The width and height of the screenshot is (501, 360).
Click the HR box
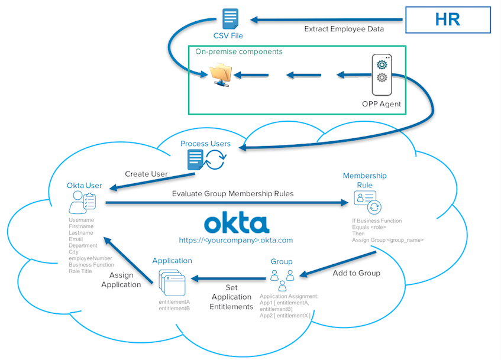(448, 19)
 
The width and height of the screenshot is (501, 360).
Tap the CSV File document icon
(230, 18)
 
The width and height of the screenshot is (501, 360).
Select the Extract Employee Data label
(344, 29)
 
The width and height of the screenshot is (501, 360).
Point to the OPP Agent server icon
(382, 75)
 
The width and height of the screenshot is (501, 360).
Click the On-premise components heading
(239, 51)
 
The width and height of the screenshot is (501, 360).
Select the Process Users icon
(205, 158)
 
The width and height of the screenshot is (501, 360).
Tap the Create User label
(146, 174)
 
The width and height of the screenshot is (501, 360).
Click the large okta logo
(236, 223)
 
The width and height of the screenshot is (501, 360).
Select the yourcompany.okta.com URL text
(236, 241)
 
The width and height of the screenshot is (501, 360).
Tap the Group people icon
(282, 279)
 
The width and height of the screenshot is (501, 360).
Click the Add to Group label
(356, 273)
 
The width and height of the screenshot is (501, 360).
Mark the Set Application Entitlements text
(231, 298)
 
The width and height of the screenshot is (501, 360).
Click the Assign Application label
(121, 280)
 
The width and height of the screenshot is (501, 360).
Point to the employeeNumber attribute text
(89, 258)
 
